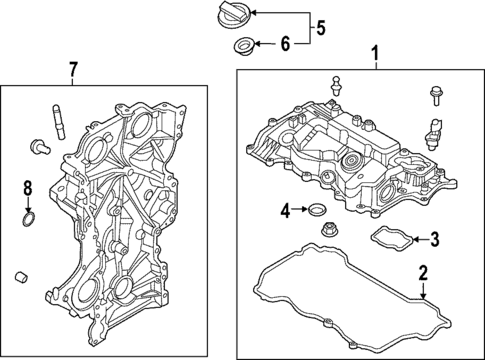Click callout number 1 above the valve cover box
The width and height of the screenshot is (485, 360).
375,51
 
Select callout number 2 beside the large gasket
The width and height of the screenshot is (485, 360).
423,272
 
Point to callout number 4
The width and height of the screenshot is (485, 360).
285,210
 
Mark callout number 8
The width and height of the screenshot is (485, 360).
28,187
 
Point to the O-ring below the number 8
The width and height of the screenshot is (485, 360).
30,218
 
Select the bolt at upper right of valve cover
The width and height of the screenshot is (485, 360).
437,97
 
